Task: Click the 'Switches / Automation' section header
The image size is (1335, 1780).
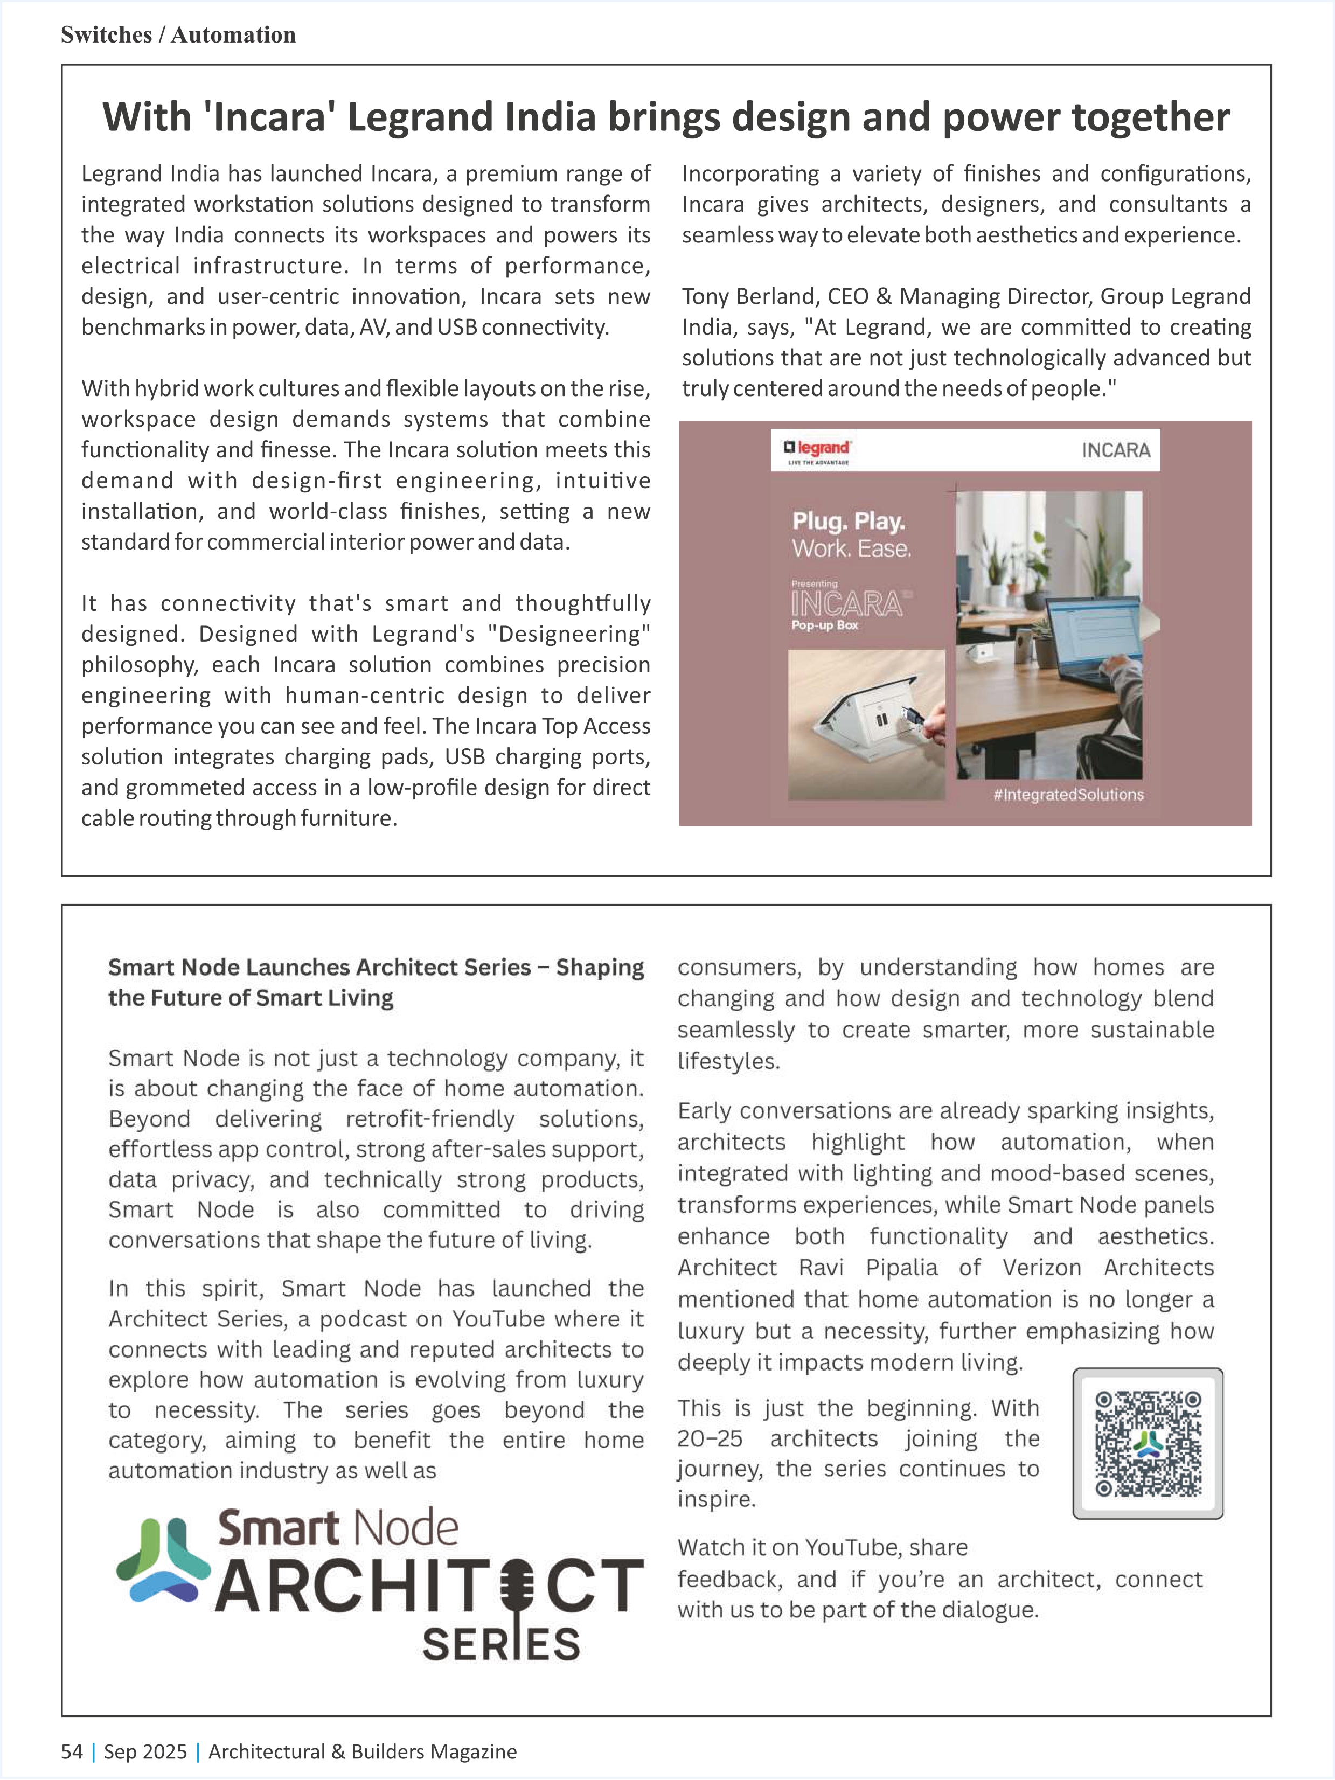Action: (x=178, y=34)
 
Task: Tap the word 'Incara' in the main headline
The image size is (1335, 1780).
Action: (x=270, y=117)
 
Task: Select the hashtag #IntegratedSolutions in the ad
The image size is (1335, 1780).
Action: (x=1068, y=794)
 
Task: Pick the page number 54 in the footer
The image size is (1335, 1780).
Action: (x=72, y=1752)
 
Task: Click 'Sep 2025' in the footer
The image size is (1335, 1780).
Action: (x=145, y=1752)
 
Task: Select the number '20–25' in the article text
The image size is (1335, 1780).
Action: (x=710, y=1438)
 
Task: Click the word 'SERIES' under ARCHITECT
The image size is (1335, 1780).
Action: (x=500, y=1645)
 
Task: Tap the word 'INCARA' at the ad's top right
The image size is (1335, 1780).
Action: (x=1115, y=450)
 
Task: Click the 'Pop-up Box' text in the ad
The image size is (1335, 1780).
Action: (x=825, y=625)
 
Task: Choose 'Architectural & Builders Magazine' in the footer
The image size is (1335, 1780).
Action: (x=362, y=1752)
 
